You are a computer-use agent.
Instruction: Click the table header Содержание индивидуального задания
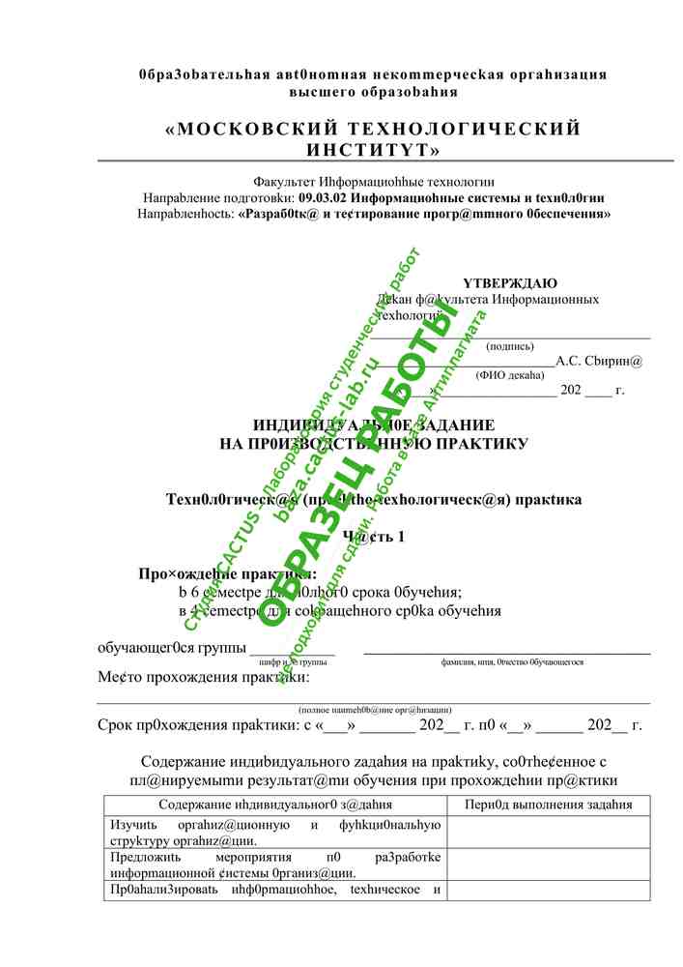pyautogui.click(x=275, y=805)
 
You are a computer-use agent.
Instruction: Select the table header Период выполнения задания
pyautogui.click(x=548, y=805)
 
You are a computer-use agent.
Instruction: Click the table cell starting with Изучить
pyautogui.click(x=275, y=833)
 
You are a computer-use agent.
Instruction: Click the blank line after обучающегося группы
pyautogui.click(x=292, y=651)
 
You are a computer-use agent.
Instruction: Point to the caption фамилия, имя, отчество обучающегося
pyautogui.click(x=511, y=662)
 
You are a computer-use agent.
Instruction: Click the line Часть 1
pyautogui.click(x=375, y=537)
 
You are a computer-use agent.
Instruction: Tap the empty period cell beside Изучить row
pyautogui.click(x=548, y=833)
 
